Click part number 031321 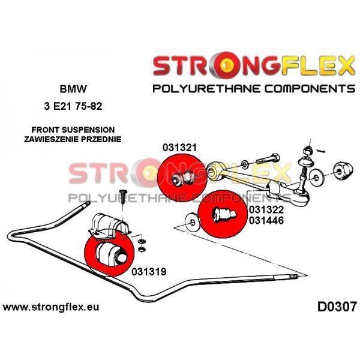[179, 148]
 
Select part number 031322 [266, 209]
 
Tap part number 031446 [266, 220]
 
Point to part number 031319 [149, 272]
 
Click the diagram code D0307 [337, 307]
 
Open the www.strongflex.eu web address [51, 307]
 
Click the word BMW [73, 89]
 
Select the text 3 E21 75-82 [73, 106]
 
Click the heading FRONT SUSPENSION [73, 130]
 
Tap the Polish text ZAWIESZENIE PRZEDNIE [73, 139]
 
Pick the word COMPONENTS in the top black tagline [310, 89]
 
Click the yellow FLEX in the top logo [318, 65]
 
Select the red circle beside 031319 [109, 252]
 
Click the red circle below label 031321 [182, 178]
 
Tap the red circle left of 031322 [223, 214]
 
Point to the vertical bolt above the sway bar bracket [123, 197]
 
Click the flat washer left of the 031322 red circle [192, 223]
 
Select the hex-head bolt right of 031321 [268, 159]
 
